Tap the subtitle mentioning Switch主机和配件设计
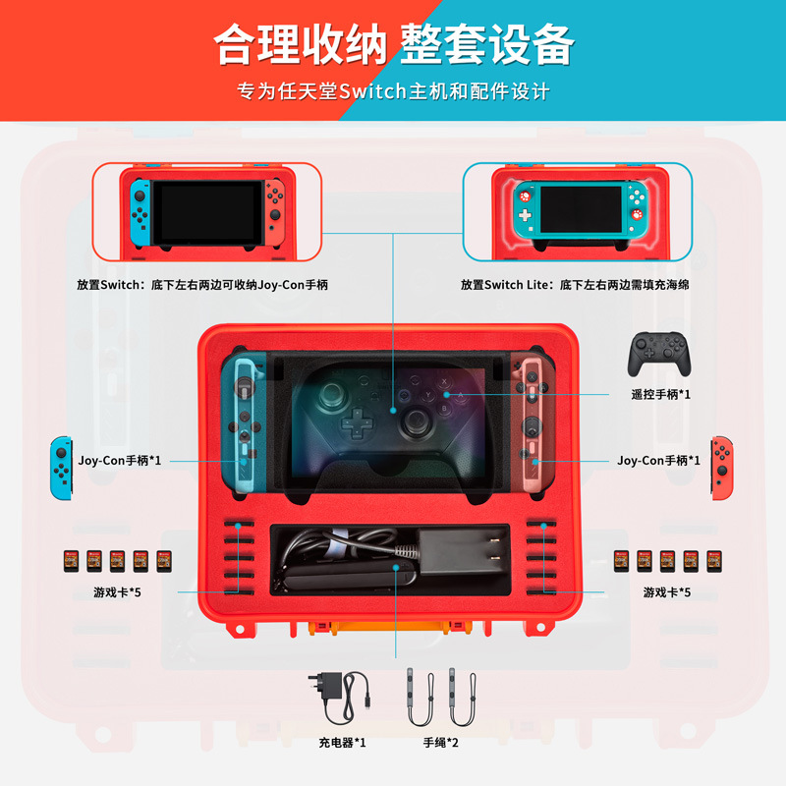coord(393,92)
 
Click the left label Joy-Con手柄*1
coord(120,459)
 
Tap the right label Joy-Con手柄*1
coord(658,459)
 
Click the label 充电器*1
coord(342,742)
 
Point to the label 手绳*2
coord(441,742)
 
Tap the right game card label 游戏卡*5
coord(667,591)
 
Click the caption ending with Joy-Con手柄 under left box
coord(201,285)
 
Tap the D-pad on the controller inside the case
coord(354,425)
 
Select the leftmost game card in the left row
coord(71,561)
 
